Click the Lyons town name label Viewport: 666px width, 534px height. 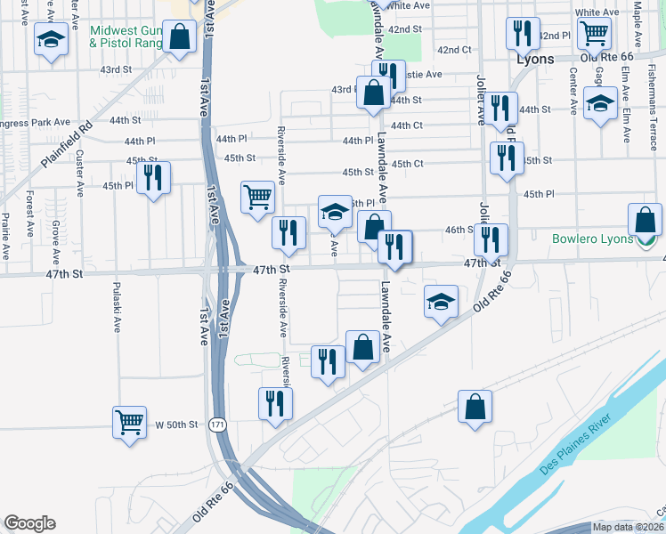coord(536,59)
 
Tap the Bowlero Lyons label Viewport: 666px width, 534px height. coord(592,239)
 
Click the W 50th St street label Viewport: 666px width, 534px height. coord(176,425)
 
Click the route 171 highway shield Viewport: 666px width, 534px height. coord(218,425)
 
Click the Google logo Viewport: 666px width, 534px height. coord(29,523)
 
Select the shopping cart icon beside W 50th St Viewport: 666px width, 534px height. coord(129,421)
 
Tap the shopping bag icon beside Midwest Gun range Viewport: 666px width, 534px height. coord(180,36)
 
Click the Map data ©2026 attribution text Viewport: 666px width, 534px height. coord(627,527)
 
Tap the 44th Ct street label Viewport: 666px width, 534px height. coord(406,125)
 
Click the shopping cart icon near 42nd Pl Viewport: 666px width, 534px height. coord(593,34)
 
